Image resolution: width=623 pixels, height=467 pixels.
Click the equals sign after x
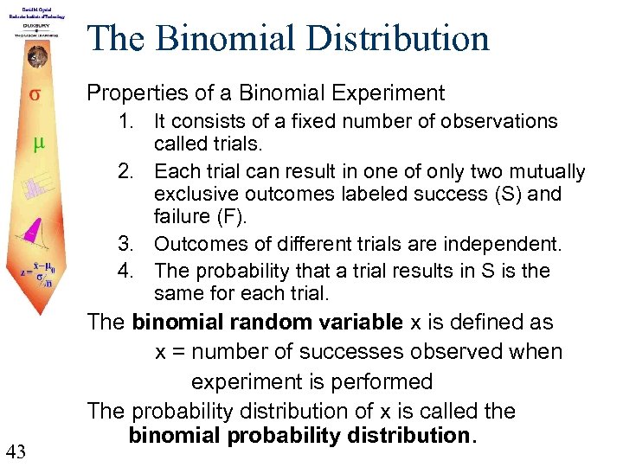[177, 353]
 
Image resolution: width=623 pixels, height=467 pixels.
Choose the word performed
[382, 381]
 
